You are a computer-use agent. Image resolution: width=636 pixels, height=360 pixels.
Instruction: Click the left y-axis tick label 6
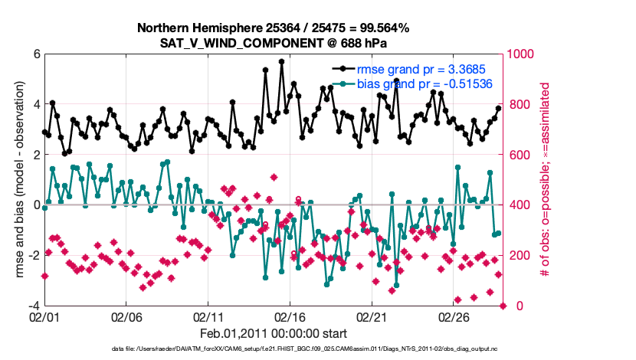click(x=36, y=54)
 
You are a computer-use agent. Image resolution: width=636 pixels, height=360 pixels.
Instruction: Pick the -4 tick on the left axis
click(x=34, y=306)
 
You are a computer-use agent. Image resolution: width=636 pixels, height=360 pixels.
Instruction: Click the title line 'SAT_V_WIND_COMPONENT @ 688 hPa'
click(x=274, y=41)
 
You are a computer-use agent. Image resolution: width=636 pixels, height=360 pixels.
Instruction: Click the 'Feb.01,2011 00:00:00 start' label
click(x=274, y=333)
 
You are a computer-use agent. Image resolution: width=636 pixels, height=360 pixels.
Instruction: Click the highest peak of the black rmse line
click(x=282, y=61)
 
